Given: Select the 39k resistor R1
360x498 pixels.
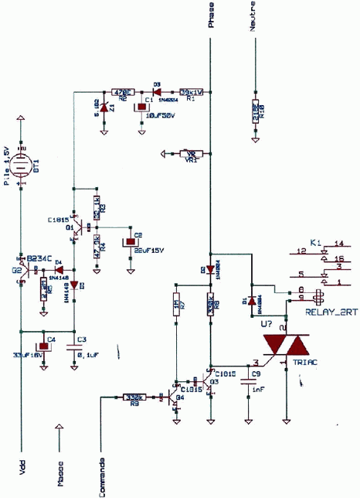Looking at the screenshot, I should [x=191, y=92].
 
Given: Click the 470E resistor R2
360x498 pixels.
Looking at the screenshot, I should [x=122, y=92].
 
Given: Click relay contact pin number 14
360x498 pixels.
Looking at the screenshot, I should [x=338, y=244].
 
